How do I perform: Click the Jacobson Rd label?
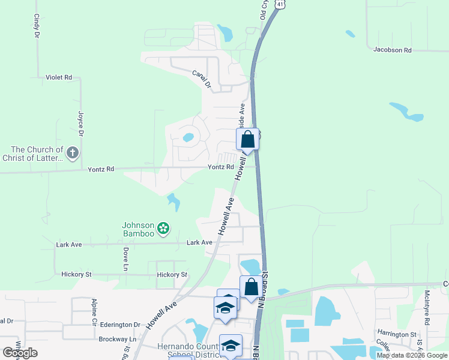point(392,50)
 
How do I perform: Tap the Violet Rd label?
point(59,77)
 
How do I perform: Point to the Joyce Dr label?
point(80,123)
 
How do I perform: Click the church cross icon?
point(72,152)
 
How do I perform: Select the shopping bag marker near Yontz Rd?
point(247,140)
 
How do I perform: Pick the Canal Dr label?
point(202,80)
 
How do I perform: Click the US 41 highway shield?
point(280,4)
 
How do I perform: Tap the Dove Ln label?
point(126,259)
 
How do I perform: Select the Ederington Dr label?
point(120,325)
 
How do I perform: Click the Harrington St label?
point(397,334)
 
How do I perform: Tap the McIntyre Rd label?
point(427,308)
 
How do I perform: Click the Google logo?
point(20,353)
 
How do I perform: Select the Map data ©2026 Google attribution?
point(411,355)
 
